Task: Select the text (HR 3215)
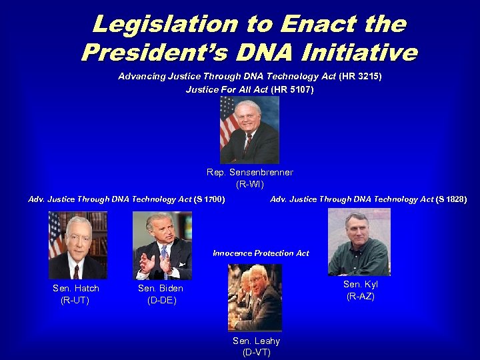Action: coord(360,77)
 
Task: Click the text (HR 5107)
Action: coord(292,89)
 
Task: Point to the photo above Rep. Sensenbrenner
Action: coord(249,130)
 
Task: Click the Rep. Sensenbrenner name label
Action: coord(249,172)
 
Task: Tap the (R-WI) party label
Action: coord(249,183)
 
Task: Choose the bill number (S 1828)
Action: coord(451,199)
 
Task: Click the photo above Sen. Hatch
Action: coord(77,245)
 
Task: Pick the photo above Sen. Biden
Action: coord(162,245)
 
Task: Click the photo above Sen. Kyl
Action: coord(359,241)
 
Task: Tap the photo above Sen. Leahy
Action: coord(255,297)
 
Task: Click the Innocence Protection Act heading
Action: coord(261,253)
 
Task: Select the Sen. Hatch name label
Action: coord(76,288)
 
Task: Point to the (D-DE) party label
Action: coord(161,300)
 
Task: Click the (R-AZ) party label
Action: coord(361,296)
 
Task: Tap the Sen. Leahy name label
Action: coord(256,341)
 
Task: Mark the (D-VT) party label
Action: coord(256,352)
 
